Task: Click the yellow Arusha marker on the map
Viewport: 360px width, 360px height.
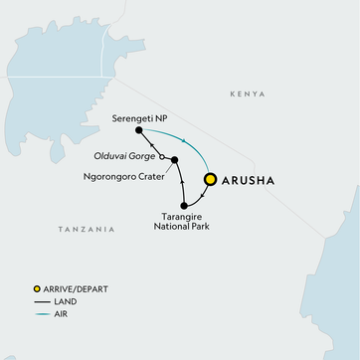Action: [210, 180]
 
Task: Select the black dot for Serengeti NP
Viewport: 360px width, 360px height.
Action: [138, 130]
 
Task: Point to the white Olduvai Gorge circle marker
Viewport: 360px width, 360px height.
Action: [161, 155]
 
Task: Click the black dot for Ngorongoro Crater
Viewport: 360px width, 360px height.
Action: [174, 159]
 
